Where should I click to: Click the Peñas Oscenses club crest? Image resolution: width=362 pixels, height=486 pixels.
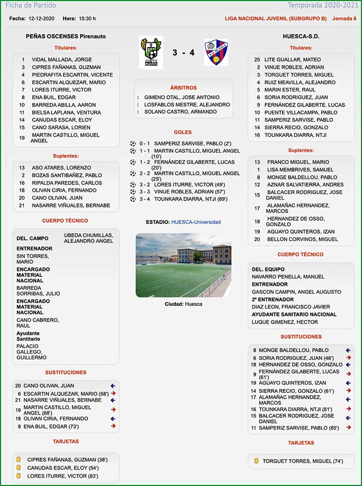150,52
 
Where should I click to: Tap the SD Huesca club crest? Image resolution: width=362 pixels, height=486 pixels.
216,52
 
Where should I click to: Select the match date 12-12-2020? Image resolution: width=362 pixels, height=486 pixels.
42,19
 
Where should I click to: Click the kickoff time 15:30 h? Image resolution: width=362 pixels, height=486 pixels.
87,19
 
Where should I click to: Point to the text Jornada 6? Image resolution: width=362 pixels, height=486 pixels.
344,19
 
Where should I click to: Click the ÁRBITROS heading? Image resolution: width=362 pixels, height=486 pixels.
183,88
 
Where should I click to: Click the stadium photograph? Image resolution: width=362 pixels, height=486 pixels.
183,265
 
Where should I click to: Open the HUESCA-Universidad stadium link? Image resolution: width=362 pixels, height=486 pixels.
195,222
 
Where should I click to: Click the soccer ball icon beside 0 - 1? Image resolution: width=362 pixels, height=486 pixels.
133,143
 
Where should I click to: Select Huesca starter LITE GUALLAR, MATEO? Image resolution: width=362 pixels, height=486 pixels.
293,60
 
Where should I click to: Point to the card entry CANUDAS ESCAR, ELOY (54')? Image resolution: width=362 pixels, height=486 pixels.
63,468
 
